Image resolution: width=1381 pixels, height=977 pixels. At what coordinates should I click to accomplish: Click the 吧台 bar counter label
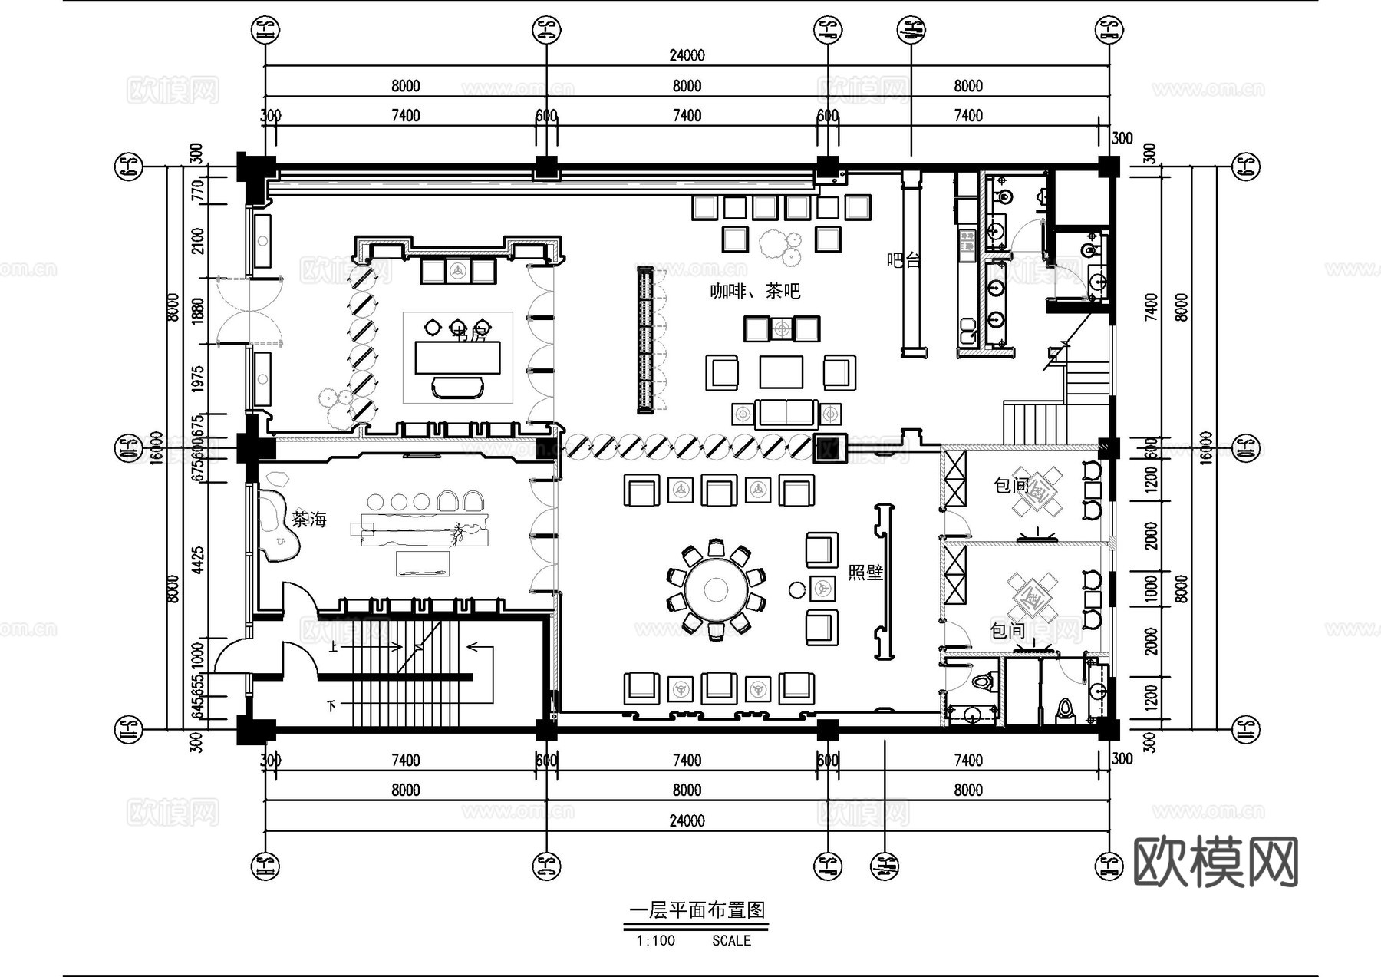click(x=903, y=260)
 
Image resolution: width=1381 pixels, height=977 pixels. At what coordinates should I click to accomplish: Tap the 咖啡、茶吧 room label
click(x=754, y=291)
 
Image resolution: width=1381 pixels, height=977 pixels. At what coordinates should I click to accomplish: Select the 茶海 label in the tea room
click(x=308, y=520)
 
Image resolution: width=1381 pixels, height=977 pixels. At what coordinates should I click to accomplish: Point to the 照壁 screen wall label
click(x=865, y=573)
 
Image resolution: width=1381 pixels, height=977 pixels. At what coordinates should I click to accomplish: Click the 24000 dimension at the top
click(x=687, y=55)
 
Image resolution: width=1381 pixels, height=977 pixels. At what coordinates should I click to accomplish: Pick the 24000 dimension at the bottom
click(x=687, y=820)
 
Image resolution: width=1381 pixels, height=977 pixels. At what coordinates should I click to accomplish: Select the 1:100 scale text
click(x=655, y=940)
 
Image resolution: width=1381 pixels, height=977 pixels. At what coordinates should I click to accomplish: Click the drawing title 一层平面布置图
click(x=697, y=910)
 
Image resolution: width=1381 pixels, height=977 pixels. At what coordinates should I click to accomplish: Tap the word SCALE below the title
click(x=731, y=940)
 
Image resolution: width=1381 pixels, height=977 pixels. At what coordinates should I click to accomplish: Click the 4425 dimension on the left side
click(x=198, y=560)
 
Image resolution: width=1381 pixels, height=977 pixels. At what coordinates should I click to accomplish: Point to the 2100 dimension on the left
click(x=198, y=241)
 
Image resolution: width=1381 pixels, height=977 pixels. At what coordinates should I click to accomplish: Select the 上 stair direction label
click(x=333, y=647)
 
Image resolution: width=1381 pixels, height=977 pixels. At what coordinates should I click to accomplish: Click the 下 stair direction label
click(x=331, y=705)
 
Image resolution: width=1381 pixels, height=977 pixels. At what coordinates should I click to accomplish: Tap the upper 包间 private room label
click(x=1010, y=485)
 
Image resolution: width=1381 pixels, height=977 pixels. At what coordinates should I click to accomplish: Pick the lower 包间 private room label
click(x=1007, y=631)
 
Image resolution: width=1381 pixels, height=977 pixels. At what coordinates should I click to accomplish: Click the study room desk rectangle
click(x=457, y=358)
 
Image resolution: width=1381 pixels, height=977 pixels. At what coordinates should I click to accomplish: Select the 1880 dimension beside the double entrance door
click(x=198, y=311)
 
